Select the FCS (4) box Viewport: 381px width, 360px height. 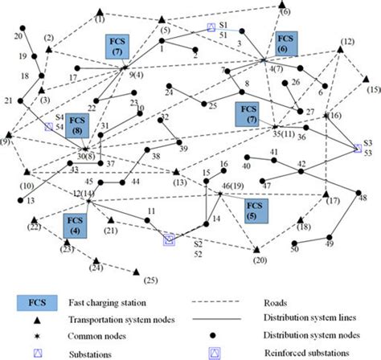(75, 225)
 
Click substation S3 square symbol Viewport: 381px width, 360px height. (357, 148)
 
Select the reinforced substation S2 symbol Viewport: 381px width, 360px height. (169, 239)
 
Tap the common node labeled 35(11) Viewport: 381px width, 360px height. (275, 127)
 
